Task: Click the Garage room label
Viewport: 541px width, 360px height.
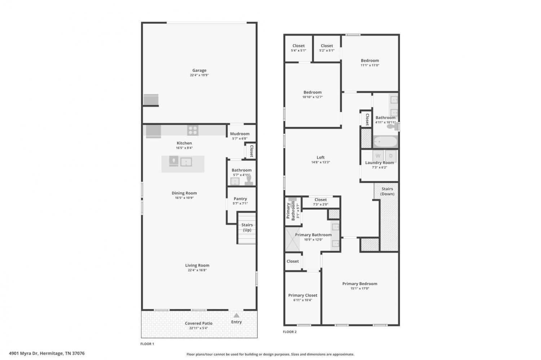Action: click(x=199, y=71)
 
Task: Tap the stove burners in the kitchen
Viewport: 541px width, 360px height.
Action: click(x=193, y=130)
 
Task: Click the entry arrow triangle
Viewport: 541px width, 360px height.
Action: click(x=237, y=315)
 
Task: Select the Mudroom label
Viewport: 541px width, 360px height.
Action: click(x=239, y=134)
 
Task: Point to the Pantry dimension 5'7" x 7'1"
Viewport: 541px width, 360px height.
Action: click(x=240, y=203)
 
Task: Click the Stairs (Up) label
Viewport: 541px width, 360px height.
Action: click(x=247, y=227)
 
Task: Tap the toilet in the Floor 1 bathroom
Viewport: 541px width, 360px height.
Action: click(x=249, y=181)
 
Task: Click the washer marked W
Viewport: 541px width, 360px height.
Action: click(x=378, y=156)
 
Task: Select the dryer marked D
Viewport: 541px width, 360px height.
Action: click(x=391, y=156)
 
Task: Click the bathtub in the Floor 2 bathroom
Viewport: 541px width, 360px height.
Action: click(x=385, y=142)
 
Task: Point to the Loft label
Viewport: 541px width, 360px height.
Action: click(x=321, y=157)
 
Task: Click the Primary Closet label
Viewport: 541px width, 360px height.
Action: click(x=303, y=295)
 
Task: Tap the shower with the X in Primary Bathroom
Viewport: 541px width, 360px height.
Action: click(x=293, y=239)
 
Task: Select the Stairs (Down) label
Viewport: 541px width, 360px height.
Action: click(x=387, y=191)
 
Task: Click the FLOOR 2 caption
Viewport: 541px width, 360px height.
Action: click(x=290, y=332)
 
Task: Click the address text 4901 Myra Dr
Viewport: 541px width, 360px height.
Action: click(x=23, y=353)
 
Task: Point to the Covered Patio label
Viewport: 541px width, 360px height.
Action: click(x=198, y=323)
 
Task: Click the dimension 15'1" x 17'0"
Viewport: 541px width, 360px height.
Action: click(x=360, y=288)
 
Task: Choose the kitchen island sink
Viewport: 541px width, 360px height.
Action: click(x=186, y=162)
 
